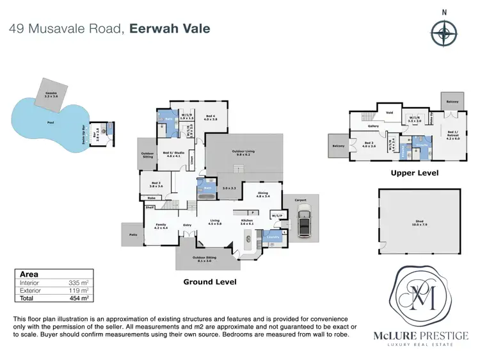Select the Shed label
[x=419, y=221]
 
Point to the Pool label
[x=50, y=122]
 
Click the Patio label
[x=132, y=235]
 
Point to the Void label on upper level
[x=388, y=113]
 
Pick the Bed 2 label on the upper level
[x=369, y=144]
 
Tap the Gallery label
[x=374, y=126]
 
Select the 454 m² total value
[x=79, y=298]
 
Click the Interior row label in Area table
[x=29, y=282]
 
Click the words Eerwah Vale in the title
[x=170, y=29]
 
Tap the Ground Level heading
[x=210, y=282]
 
